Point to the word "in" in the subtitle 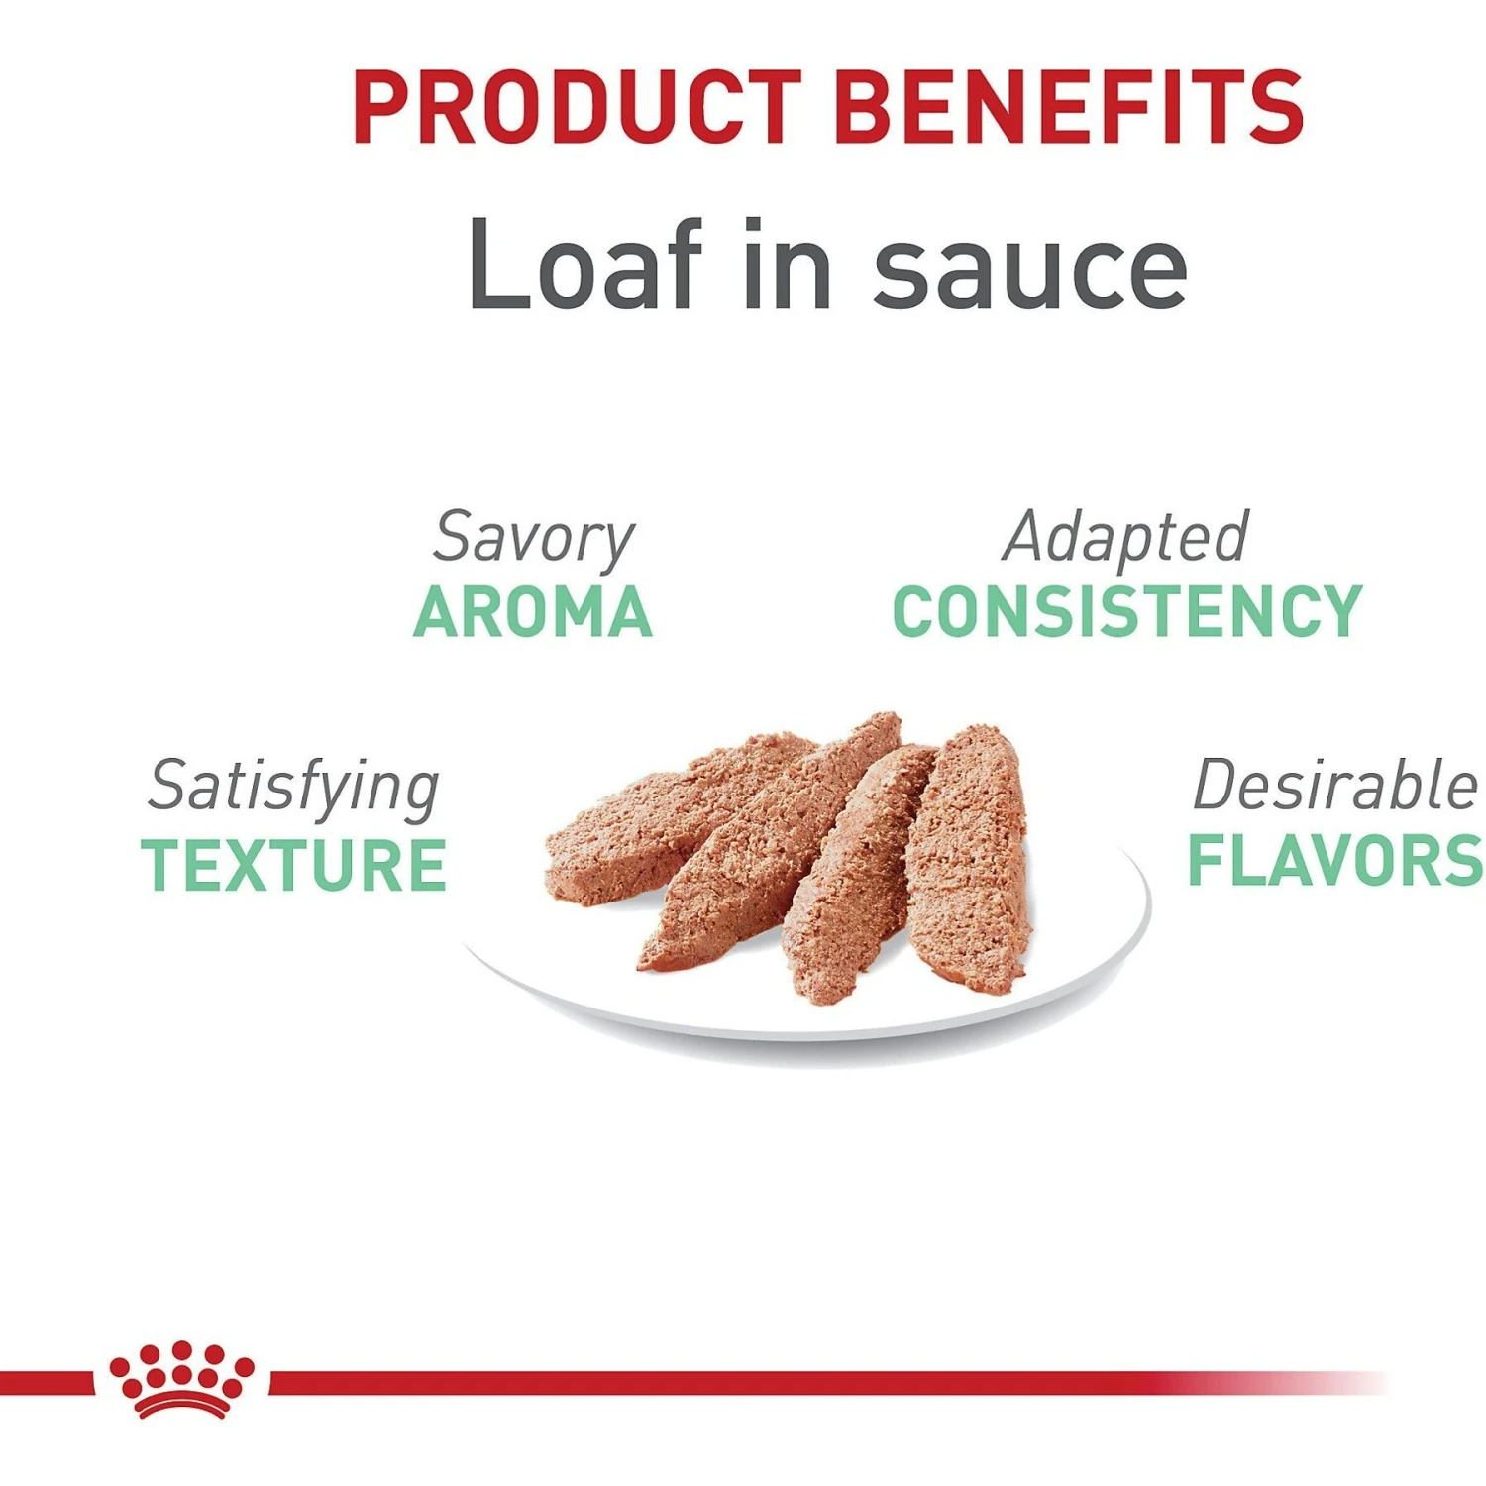pyautogui.click(x=788, y=265)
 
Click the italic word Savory pyautogui.click(x=533, y=539)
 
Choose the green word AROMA pyautogui.click(x=533, y=612)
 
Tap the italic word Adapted pyautogui.click(x=1125, y=537)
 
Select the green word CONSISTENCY pyautogui.click(x=1127, y=612)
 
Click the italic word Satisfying pyautogui.click(x=293, y=788)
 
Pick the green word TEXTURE pyautogui.click(x=293, y=865)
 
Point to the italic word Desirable pyautogui.click(x=1334, y=786)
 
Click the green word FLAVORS pyautogui.click(x=1334, y=861)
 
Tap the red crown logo pyautogui.click(x=181, y=1379)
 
